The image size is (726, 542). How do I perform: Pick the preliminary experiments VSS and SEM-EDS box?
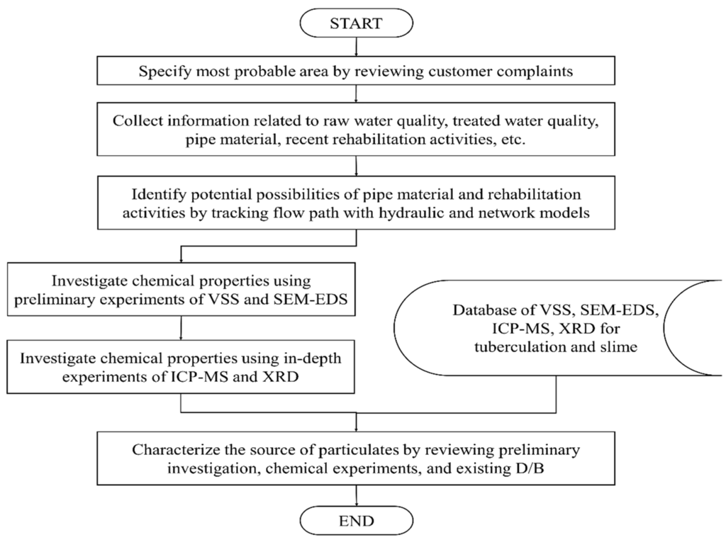[181, 290]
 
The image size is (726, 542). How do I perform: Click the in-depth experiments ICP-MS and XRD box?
[181, 368]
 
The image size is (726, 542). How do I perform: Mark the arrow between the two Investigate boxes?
[182, 327]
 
